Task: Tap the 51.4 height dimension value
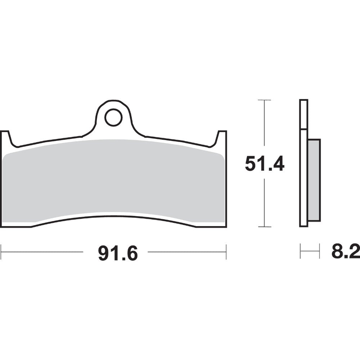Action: coord(265,164)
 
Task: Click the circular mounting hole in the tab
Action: coord(113,117)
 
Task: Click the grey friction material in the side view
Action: coord(314,180)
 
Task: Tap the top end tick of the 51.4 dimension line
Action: coord(265,100)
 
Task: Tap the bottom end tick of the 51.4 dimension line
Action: coord(265,227)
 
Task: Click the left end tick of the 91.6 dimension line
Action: coord(1,252)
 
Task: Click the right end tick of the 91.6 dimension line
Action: coord(226,252)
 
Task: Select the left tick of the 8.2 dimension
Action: coord(300,251)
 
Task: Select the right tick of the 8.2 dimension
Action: coord(319,251)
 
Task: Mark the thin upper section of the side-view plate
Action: coord(304,114)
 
